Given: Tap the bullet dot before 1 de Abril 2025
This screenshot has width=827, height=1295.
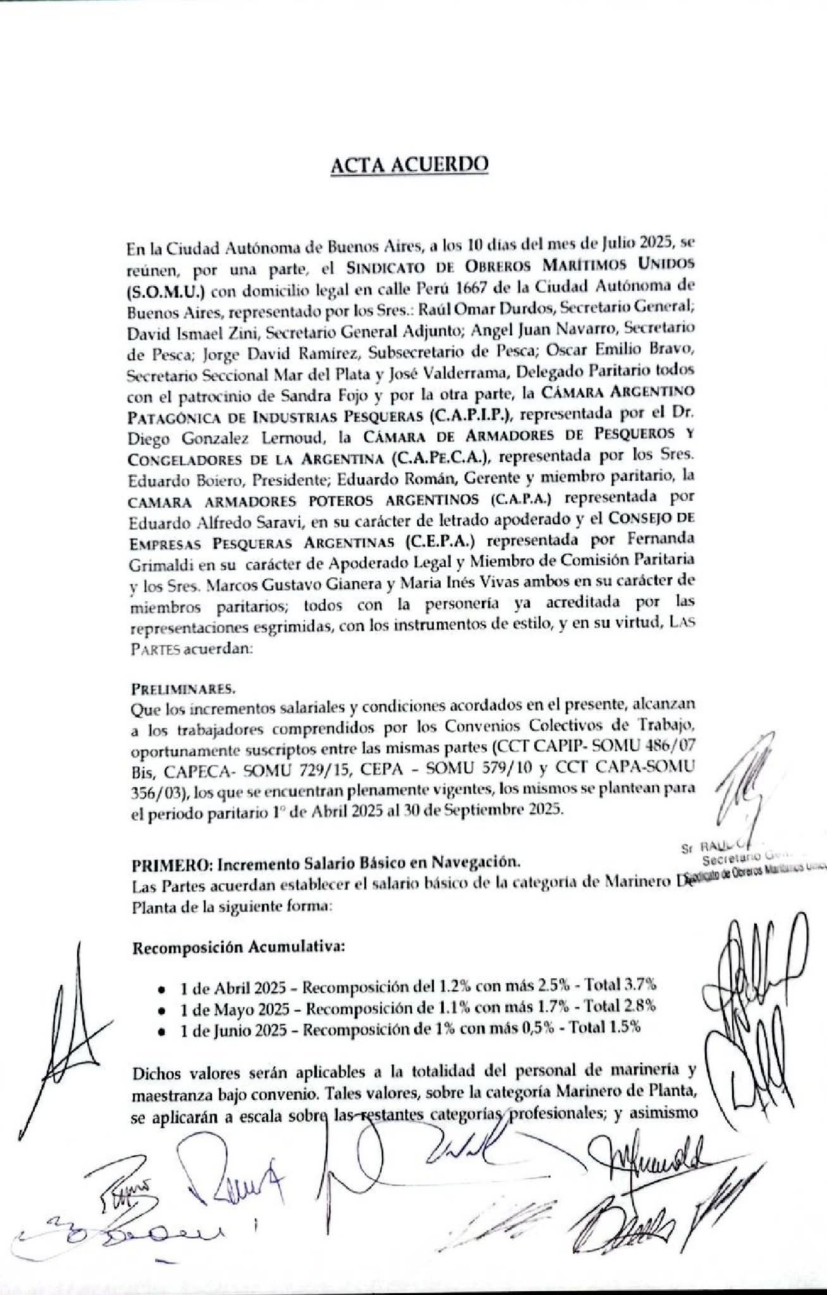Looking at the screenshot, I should pos(162,986).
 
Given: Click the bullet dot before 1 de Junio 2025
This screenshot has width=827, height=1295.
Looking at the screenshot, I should pos(162,1029).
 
